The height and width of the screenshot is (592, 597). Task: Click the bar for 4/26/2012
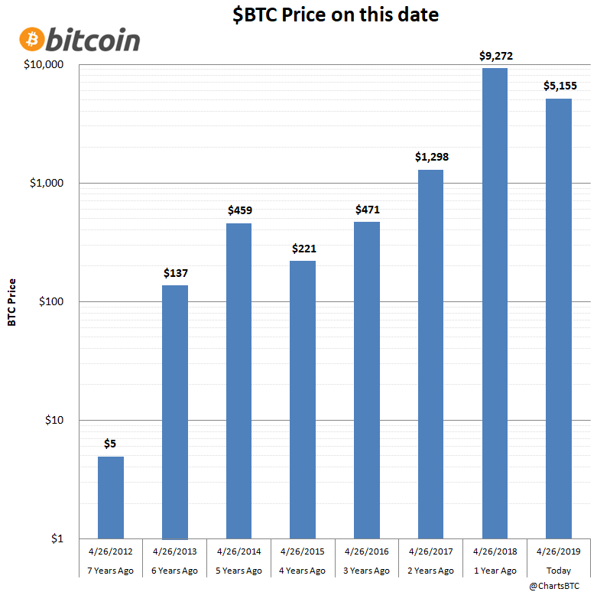(x=111, y=497)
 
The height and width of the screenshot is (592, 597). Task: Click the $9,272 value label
(x=495, y=55)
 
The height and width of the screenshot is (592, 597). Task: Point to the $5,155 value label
(x=559, y=86)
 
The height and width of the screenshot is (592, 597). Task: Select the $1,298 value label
(x=431, y=157)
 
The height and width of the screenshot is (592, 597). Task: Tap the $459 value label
(x=239, y=210)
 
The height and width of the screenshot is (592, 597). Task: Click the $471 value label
(x=367, y=209)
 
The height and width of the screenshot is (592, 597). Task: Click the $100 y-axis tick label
(x=50, y=302)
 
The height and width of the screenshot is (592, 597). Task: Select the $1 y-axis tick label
(x=58, y=539)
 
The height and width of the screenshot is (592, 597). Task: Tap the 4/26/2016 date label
(x=367, y=551)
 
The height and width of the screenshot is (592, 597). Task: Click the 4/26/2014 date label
(x=239, y=551)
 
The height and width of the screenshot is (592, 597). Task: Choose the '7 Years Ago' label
(x=111, y=571)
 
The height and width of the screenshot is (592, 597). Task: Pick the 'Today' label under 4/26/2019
(x=559, y=571)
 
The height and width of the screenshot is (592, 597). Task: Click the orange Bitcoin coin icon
(x=32, y=39)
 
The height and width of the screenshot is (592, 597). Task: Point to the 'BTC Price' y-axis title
(x=11, y=302)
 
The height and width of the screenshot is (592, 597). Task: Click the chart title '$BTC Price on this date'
(x=336, y=15)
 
